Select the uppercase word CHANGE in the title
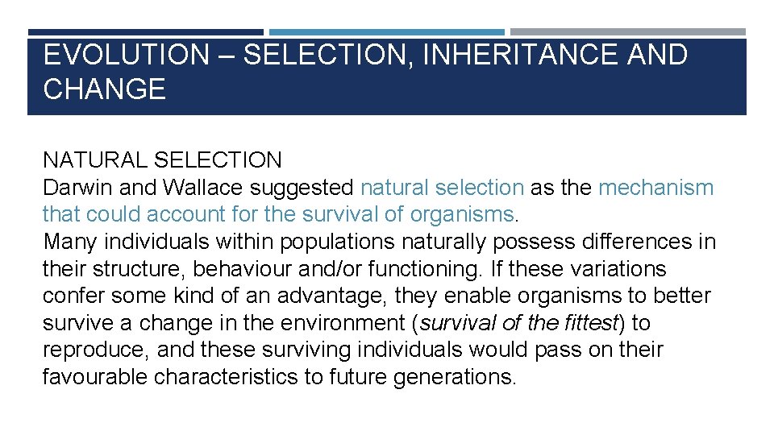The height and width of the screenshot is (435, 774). [x=104, y=89]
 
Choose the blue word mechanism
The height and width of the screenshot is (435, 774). [x=655, y=188]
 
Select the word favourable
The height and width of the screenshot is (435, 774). [x=95, y=377]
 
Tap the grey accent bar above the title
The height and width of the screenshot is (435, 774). [x=628, y=32]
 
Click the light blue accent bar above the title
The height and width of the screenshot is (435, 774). [x=387, y=32]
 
